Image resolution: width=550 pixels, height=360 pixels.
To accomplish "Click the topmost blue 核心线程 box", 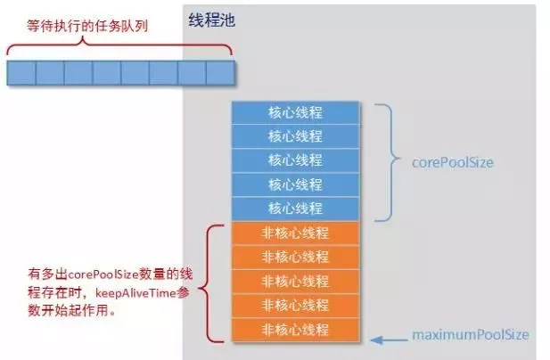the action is [x=295, y=113].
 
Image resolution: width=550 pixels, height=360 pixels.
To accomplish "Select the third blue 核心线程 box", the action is [x=295, y=160].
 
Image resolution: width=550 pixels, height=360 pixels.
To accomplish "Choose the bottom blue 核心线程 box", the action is [x=295, y=209].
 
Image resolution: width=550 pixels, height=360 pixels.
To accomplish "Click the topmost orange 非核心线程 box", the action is [x=295, y=233].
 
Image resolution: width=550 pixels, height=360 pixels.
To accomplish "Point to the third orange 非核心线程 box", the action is [x=295, y=282].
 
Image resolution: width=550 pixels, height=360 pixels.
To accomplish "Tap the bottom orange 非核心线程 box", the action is [x=295, y=329].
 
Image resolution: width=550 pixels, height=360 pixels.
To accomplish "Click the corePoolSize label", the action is [x=452, y=163].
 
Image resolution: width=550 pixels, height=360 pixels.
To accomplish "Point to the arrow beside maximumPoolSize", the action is [x=385, y=337].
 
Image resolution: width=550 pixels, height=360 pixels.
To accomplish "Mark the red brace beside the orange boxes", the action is [x=211, y=284].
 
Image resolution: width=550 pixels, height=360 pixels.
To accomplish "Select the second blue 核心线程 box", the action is [x=295, y=136].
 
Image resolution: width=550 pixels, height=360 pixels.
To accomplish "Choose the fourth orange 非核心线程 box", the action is [x=295, y=306].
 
